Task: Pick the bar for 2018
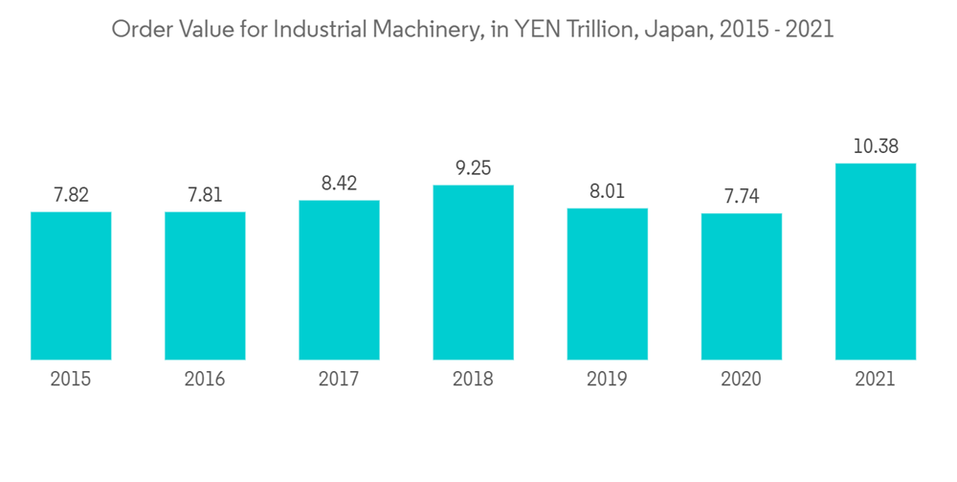click(x=473, y=272)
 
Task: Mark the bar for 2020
click(x=741, y=286)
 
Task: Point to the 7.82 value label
click(x=71, y=194)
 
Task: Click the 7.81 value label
click(x=205, y=194)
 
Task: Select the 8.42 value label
click(x=339, y=183)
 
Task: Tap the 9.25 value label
click(x=473, y=167)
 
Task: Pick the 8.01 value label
click(x=607, y=190)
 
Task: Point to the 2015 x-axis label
click(x=71, y=380)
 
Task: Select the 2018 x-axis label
click(x=473, y=380)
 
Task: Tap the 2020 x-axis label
click(x=741, y=380)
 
